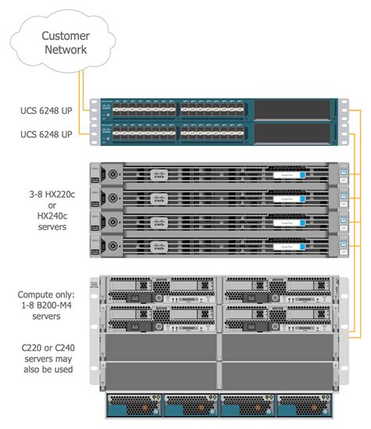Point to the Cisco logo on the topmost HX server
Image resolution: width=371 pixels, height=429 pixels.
[160, 173]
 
